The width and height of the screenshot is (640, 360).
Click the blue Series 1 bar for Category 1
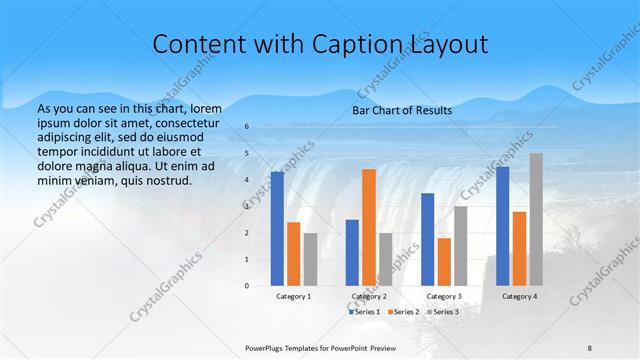pos(277,229)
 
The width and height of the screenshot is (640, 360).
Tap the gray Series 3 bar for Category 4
pos(536,219)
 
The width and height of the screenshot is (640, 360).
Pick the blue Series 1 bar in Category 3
pos(427,239)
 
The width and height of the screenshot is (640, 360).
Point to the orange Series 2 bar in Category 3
pos(444,262)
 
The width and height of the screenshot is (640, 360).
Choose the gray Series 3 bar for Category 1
pos(310,259)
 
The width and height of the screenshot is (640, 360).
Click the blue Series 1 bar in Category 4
pos(502,226)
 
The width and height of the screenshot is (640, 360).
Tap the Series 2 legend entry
pos(402,312)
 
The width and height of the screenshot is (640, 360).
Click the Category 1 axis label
pos(293,296)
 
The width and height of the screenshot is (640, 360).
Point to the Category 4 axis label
pos(519,296)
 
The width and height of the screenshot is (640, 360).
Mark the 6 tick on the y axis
pos(247,127)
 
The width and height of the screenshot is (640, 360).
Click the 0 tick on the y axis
pos(247,286)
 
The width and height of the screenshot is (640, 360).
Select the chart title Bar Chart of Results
pos(402,110)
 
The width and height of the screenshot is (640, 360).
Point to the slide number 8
pos(590,347)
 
